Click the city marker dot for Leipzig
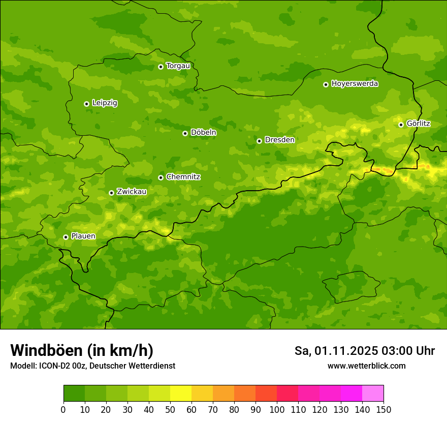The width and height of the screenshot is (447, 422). coord(86,104)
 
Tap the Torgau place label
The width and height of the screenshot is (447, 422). coord(178,66)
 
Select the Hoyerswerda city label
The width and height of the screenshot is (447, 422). coord(355,84)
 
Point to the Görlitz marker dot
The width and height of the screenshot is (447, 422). coord(401,125)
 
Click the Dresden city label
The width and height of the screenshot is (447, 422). coord(279,140)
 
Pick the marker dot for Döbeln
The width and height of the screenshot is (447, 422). coord(185,133)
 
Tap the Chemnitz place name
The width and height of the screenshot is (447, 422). coord(183,177)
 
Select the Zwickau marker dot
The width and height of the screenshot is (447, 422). coord(111,193)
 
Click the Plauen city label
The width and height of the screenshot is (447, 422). coord(83,236)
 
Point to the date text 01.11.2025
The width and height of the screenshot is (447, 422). coord(346,351)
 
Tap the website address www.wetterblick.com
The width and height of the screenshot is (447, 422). coord(366,366)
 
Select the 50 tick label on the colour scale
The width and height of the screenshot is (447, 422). coord(170,409)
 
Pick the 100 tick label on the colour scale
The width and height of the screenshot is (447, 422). coord(277,409)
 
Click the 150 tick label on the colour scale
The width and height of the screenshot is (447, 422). coord(384,409)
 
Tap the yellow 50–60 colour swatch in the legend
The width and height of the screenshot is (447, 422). coord(181,394)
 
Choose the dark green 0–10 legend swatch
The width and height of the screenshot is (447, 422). coord(74,394)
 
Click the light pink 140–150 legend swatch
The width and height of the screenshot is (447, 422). coord(373,394)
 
